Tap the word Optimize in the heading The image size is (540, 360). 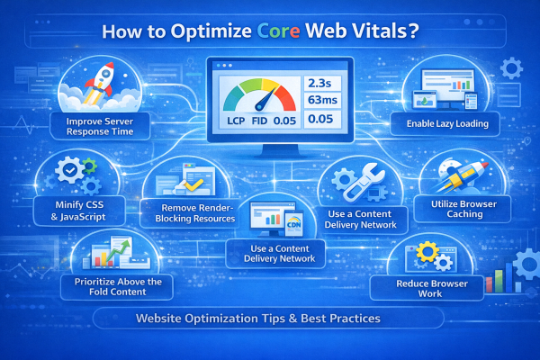click(x=208, y=30)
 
